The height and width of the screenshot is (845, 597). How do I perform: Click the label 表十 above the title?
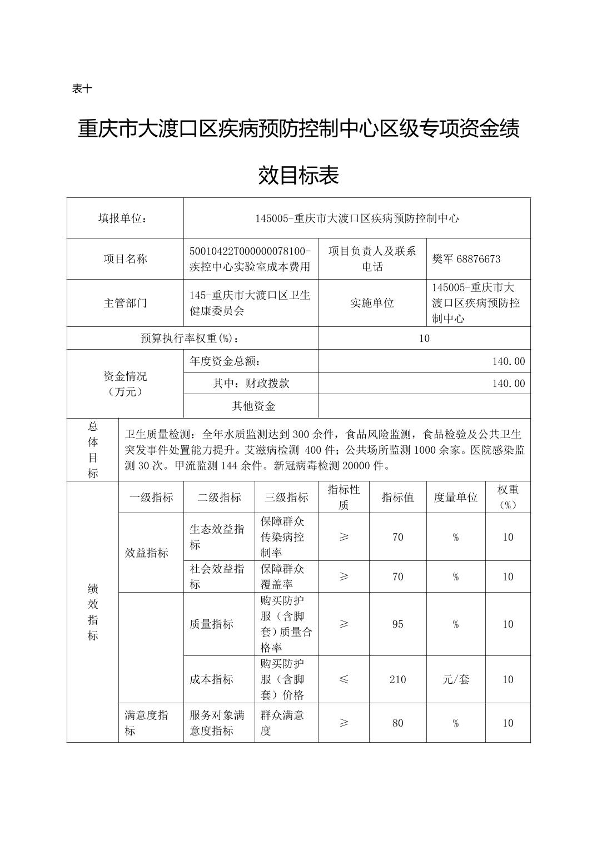(82, 88)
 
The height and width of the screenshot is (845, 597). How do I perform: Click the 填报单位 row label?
(125, 218)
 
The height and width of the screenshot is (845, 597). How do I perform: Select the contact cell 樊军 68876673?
(466, 259)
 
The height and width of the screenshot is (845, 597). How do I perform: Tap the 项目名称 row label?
(125, 259)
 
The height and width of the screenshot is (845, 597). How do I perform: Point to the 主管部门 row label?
(125, 303)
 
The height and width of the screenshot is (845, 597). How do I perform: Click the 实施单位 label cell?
(372, 303)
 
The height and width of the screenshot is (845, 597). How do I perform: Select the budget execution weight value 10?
(424, 339)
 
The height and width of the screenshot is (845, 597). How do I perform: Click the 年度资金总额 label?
(225, 361)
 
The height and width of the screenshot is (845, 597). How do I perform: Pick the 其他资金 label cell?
(253, 406)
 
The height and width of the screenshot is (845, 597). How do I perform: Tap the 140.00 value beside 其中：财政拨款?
(508, 384)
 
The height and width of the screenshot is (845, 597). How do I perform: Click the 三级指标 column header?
(286, 498)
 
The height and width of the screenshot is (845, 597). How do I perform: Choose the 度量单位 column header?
(455, 498)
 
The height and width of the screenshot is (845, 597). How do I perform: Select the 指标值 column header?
(397, 498)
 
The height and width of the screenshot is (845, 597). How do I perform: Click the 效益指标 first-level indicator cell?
(146, 553)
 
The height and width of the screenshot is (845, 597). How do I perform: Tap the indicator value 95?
(397, 624)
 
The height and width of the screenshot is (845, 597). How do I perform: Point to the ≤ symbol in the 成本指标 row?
(344, 679)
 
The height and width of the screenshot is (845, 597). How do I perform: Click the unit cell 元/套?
(455, 679)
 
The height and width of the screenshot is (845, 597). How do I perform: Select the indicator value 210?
(397, 679)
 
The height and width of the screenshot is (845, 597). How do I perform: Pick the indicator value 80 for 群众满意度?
(397, 723)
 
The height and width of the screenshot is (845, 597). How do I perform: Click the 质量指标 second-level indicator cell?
(211, 624)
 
